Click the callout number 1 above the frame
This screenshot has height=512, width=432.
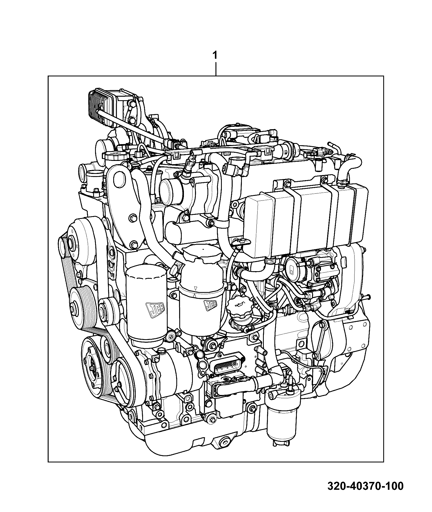pos(215,56)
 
